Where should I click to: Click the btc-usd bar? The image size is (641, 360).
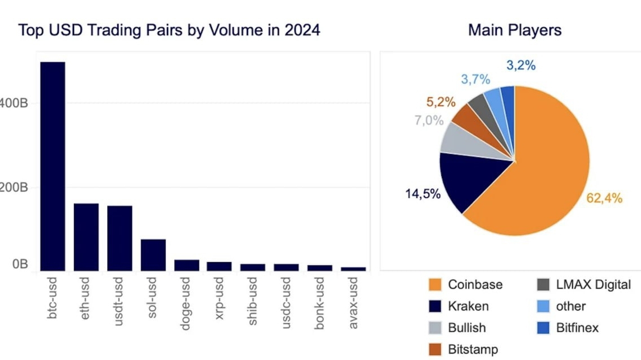[52, 166]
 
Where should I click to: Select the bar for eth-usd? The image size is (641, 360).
[86, 237]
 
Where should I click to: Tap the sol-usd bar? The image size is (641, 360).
[153, 255]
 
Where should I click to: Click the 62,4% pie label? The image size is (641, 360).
[605, 198]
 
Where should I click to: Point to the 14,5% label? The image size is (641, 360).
[422, 194]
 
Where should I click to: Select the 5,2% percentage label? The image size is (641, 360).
[441, 102]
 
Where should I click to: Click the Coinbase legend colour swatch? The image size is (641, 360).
[435, 284]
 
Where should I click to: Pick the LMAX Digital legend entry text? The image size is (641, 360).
[593, 284]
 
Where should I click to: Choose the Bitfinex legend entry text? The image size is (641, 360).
[577, 327]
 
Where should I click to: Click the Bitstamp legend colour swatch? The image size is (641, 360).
[435, 349]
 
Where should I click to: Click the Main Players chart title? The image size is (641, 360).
[514, 30]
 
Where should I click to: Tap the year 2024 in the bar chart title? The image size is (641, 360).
[302, 30]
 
